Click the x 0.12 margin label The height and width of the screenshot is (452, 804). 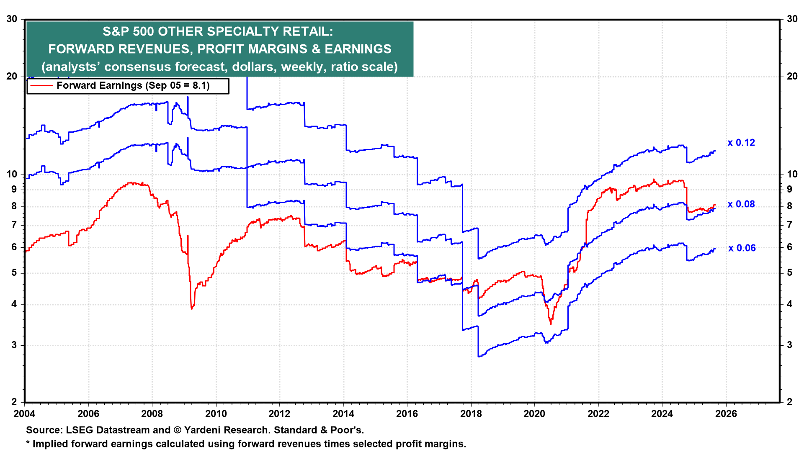741,143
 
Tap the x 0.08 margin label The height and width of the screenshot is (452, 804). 741,204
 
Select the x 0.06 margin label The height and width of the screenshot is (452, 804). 742,248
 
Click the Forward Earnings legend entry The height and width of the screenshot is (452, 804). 133,86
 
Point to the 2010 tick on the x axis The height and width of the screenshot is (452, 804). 216,414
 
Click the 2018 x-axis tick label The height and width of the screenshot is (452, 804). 471,414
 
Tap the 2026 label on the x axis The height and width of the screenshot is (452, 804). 726,414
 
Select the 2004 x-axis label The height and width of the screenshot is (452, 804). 25,414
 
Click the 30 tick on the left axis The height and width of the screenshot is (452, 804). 12,19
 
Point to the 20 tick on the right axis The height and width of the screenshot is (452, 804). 792,76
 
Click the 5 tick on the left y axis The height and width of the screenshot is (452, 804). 14,273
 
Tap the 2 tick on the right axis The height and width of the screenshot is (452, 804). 789,402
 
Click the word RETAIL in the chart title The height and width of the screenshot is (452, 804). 307,31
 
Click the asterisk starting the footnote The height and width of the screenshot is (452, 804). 28,444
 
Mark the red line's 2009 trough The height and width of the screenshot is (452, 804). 192,309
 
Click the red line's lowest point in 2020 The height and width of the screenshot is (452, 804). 550,324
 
